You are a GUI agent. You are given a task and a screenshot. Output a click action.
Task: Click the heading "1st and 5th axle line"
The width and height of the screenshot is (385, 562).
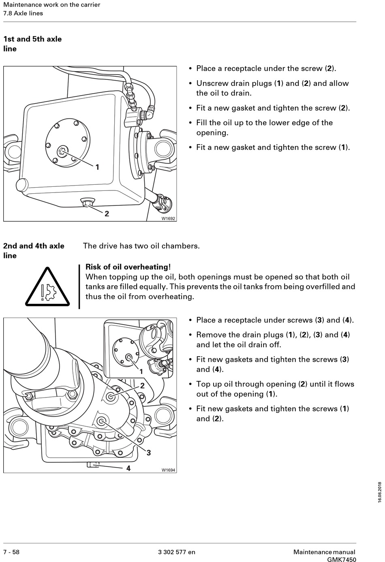click(32, 44)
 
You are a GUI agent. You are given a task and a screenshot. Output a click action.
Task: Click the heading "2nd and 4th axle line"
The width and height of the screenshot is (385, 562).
click(34, 250)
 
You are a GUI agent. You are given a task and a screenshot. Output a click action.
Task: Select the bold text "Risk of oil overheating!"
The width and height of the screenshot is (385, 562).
click(128, 267)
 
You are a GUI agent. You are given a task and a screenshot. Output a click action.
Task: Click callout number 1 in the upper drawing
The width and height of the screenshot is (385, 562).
click(97, 167)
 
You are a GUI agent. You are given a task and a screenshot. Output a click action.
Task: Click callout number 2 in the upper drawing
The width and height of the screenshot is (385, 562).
click(107, 214)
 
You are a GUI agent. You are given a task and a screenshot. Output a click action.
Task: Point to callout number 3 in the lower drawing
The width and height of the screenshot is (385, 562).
click(149, 453)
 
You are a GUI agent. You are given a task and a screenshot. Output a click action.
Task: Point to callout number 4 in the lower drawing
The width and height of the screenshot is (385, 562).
click(128, 468)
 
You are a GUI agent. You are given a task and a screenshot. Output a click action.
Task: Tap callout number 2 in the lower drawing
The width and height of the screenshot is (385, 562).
click(143, 386)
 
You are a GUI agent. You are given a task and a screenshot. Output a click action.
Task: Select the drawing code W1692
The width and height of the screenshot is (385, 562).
click(168, 218)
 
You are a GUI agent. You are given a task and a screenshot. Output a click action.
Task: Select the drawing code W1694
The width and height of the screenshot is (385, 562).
click(168, 470)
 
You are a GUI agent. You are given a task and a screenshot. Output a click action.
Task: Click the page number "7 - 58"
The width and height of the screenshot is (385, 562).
click(11, 552)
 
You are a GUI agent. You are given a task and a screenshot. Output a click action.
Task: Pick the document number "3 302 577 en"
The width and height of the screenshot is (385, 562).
click(176, 552)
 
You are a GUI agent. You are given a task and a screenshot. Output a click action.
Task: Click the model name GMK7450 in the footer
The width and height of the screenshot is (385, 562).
click(342, 560)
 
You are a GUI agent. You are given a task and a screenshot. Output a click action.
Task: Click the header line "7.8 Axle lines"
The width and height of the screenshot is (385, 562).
click(23, 13)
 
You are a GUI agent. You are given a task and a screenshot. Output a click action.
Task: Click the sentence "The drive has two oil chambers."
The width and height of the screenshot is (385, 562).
click(141, 246)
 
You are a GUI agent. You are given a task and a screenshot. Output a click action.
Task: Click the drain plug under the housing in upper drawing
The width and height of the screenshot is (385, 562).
click(87, 201)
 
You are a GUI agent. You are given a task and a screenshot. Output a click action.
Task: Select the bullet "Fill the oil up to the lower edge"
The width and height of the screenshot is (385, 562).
click(264, 128)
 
